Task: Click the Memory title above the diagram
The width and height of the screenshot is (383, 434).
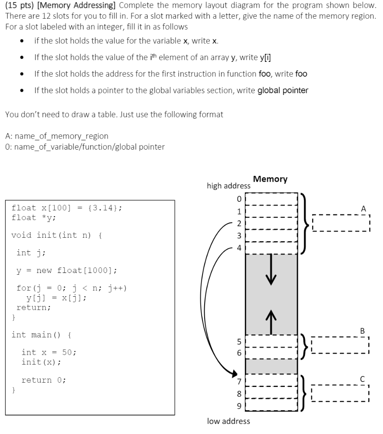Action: pyautogui.click(x=270, y=179)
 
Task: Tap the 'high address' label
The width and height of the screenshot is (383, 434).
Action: pyautogui.click(x=228, y=186)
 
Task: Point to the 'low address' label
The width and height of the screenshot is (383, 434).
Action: pyautogui.click(x=228, y=421)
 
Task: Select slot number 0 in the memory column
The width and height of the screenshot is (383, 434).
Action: pyautogui.click(x=271, y=198)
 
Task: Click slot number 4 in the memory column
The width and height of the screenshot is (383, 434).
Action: pyautogui.click(x=271, y=248)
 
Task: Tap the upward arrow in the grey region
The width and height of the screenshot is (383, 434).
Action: pyautogui.click(x=271, y=320)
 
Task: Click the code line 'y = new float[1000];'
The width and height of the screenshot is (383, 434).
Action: pyautogui.click(x=67, y=270)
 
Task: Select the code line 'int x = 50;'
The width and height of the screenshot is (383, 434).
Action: pyautogui.click(x=49, y=352)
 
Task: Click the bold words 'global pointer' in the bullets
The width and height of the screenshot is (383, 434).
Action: pyautogui.click(x=283, y=91)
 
